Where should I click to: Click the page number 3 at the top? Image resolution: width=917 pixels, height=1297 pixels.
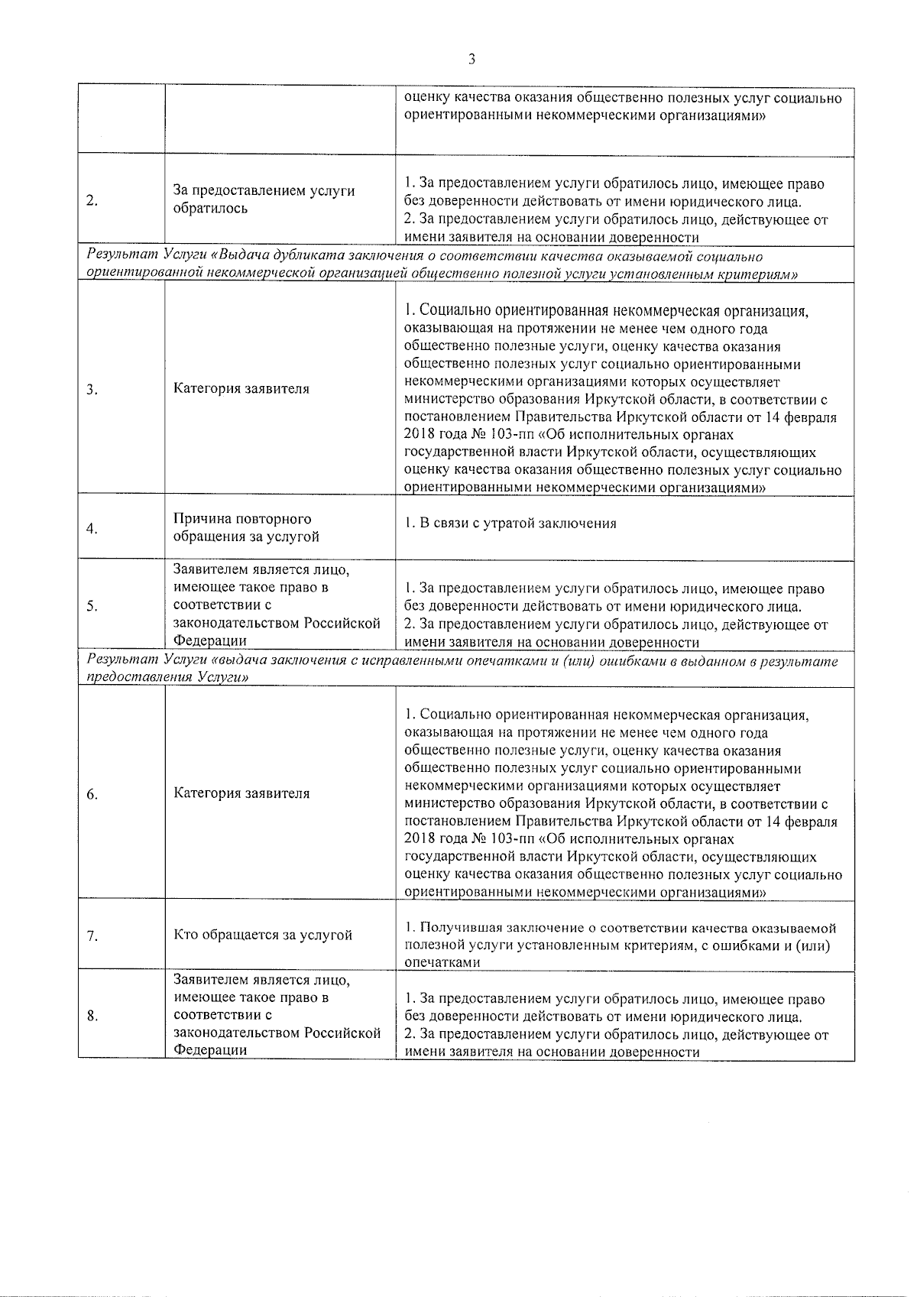pos(471,59)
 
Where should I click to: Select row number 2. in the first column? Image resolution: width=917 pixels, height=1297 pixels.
pos(92,201)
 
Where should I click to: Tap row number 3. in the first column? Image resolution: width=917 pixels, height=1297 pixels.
pos(92,390)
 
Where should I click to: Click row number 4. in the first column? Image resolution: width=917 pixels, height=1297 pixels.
pos(92,529)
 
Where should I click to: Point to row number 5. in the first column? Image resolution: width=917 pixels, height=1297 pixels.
pos(92,606)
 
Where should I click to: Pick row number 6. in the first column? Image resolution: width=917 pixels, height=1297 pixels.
pos(92,795)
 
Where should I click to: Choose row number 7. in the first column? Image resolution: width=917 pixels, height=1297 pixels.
pos(92,936)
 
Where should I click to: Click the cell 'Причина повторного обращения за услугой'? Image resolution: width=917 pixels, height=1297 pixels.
pos(246,528)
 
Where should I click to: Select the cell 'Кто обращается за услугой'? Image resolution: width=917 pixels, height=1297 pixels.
pos(263,935)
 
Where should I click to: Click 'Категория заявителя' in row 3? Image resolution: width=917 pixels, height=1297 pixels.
pos(241,388)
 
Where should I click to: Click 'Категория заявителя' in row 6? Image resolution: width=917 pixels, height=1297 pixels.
pos(241,793)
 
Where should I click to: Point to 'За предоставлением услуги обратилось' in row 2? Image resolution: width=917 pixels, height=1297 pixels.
pos(264,199)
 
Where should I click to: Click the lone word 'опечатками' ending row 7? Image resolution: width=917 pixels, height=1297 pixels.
pos(442,963)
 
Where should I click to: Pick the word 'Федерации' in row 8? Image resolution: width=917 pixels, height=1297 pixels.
pos(210,1050)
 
